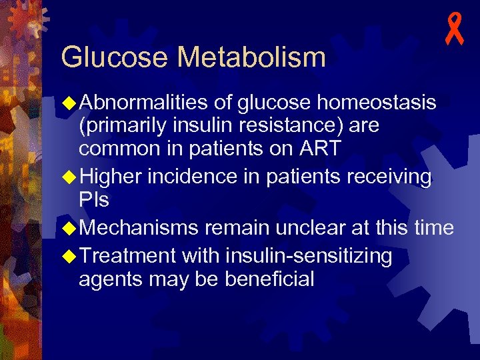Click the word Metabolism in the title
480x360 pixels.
click(252, 57)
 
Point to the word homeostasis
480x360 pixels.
click(377, 103)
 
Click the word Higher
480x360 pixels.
click(111, 177)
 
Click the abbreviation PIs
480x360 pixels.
click(94, 200)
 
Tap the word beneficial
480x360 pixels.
click(269, 279)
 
